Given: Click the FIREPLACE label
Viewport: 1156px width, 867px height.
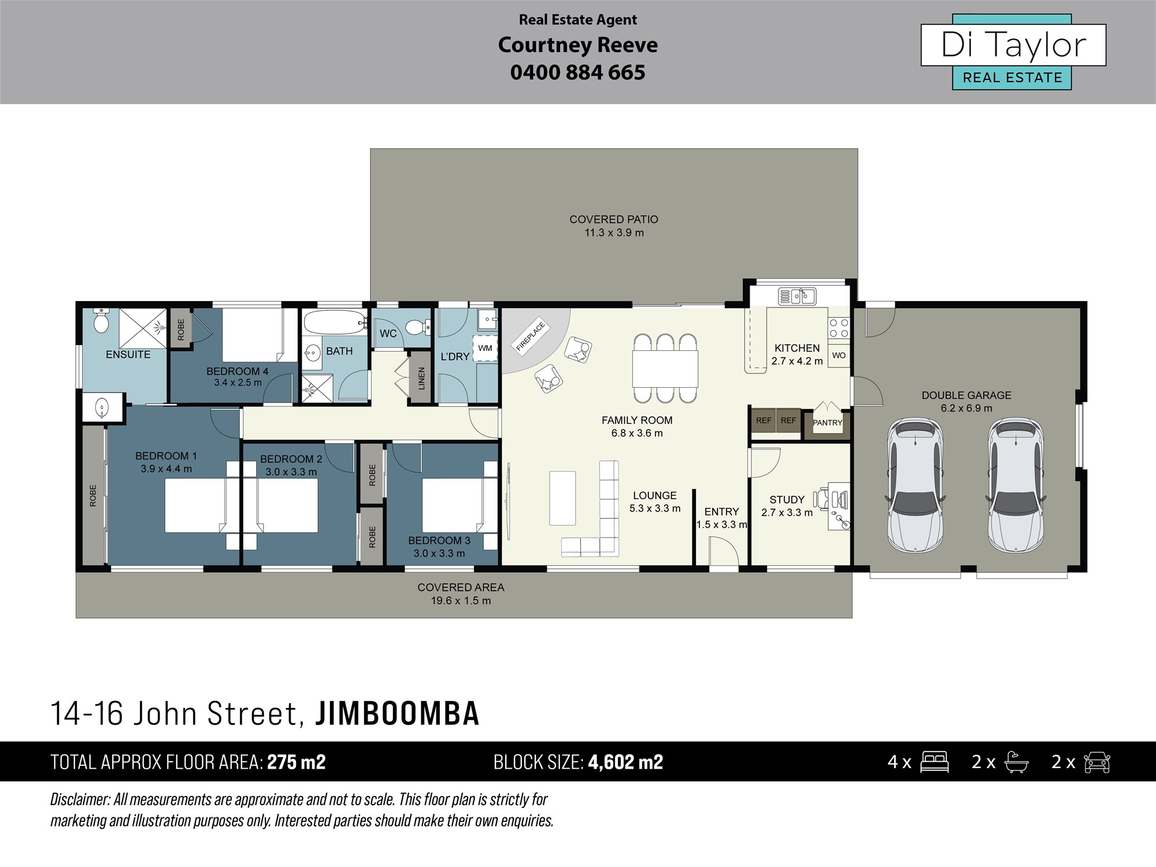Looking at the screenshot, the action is (531, 337).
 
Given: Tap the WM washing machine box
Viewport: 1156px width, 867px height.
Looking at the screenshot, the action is (485, 348).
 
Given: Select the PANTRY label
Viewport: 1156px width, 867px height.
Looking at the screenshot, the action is (828, 423).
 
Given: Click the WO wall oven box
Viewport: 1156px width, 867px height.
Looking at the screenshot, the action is (839, 355).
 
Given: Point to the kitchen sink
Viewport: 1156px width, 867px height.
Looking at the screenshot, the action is (797, 297).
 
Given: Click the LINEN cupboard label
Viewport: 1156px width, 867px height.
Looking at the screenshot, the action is (421, 378).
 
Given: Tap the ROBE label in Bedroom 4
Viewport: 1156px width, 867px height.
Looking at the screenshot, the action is (181, 329).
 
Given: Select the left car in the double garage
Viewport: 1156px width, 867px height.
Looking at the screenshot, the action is (915, 484).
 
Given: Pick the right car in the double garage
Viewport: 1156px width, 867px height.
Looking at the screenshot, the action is (1016, 484).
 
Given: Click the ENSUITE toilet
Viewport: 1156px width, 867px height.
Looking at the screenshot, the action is (101, 320).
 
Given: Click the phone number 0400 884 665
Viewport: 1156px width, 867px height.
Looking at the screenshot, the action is (578, 72).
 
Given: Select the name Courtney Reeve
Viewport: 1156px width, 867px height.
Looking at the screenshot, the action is (578, 45).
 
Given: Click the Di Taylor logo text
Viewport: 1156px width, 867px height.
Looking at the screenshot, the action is (1014, 45).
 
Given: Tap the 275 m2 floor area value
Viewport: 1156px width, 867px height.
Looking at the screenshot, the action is (297, 762).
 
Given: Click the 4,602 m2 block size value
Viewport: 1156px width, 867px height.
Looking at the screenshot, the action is (625, 762).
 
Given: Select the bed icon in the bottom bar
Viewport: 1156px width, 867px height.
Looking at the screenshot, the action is (934, 762).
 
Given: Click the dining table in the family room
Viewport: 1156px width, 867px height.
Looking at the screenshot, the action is (665, 369).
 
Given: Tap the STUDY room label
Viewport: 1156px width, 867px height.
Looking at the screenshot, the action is (787, 499).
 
